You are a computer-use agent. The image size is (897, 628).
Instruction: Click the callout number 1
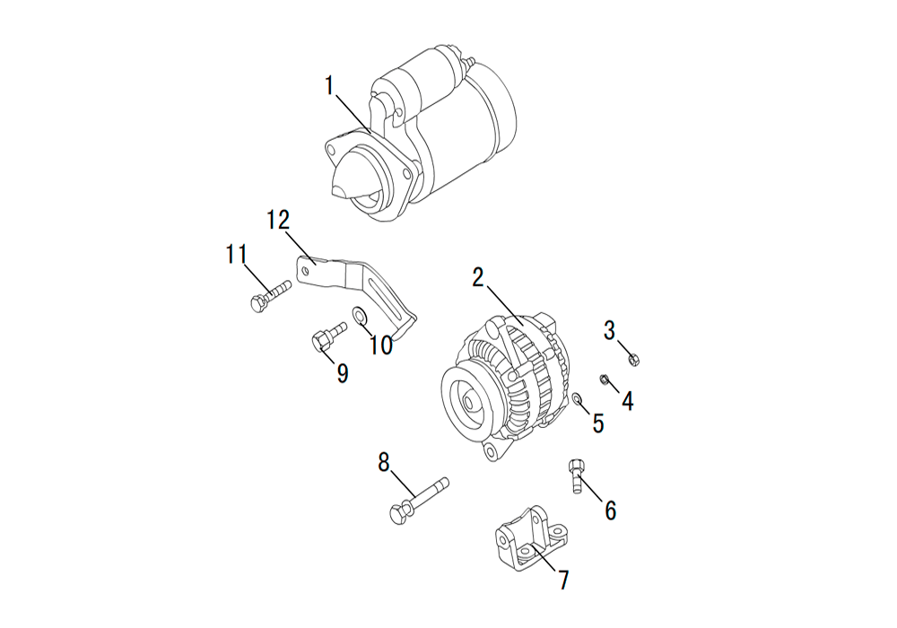(x=329, y=86)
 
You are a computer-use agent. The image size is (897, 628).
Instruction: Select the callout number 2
(x=478, y=277)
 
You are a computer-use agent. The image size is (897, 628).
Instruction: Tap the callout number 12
(x=280, y=220)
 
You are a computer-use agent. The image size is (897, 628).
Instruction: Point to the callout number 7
(x=564, y=580)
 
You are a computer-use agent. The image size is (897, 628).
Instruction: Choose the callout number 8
(x=383, y=462)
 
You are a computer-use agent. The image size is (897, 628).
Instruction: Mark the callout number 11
(x=236, y=254)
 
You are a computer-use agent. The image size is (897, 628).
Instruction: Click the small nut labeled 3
(x=633, y=360)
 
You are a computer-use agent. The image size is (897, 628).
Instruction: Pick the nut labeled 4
(x=604, y=379)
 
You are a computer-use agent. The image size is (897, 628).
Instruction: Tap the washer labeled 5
(x=578, y=397)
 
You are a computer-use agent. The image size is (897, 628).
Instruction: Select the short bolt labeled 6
(x=576, y=475)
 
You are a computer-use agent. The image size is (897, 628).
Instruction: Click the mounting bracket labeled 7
(x=531, y=537)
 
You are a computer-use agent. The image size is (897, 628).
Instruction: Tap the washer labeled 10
(x=360, y=315)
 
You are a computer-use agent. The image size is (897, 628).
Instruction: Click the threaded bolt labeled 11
(x=271, y=296)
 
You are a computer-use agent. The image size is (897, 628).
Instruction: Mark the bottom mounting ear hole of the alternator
(x=490, y=452)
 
